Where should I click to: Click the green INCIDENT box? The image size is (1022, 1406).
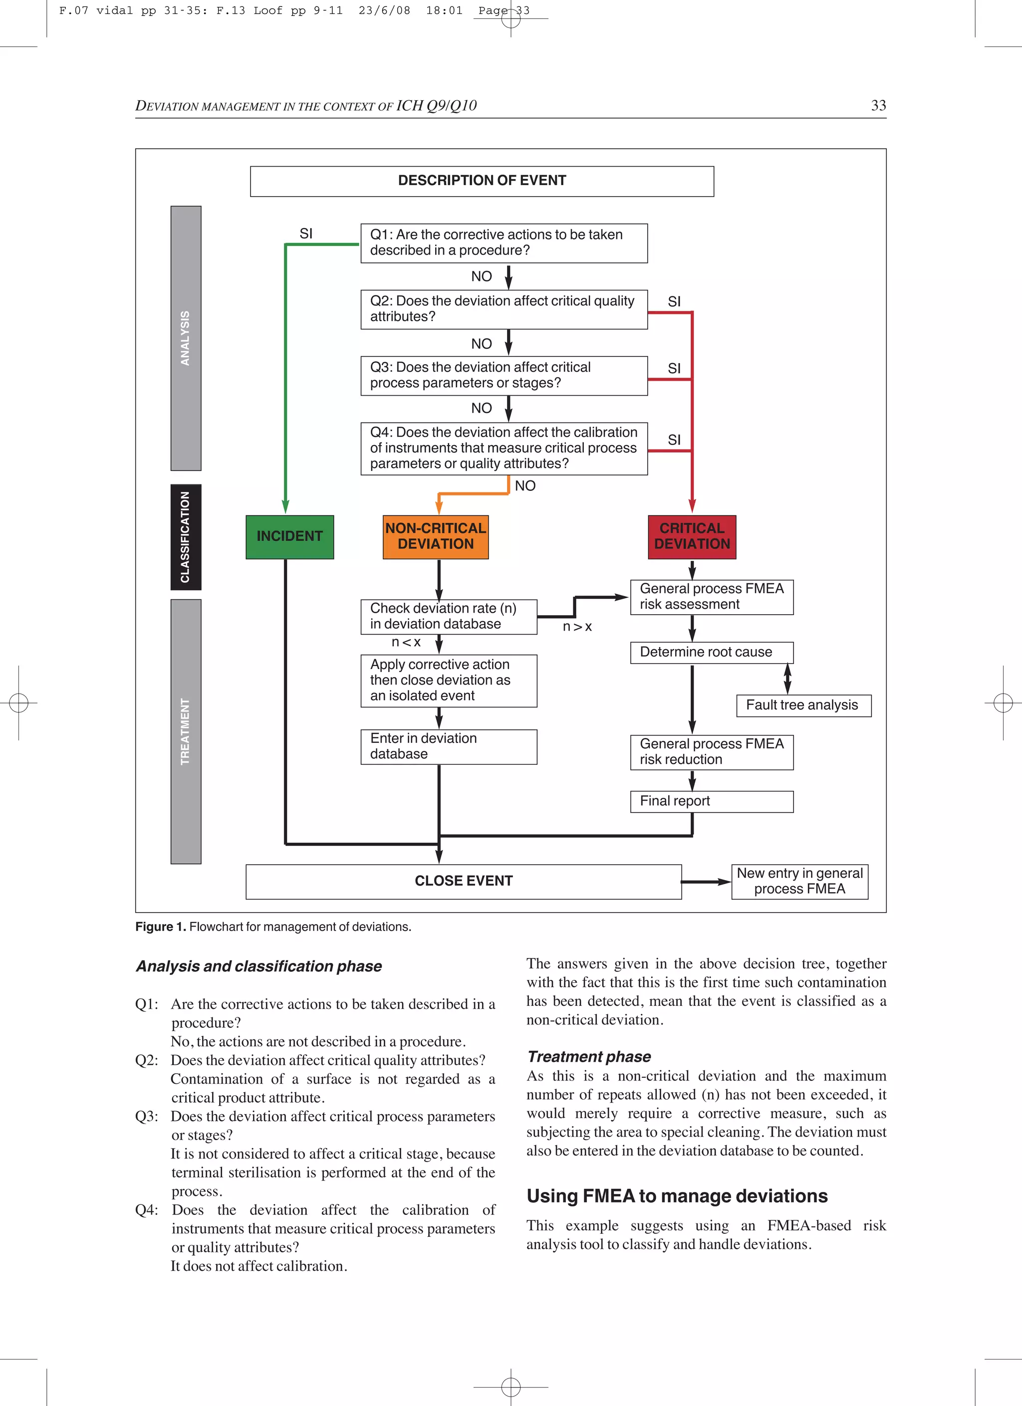point(289,537)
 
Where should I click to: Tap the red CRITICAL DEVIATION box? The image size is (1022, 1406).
point(692,537)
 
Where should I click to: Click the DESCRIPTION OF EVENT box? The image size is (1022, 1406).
point(482,181)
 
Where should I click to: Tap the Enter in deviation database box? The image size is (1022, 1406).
point(448,746)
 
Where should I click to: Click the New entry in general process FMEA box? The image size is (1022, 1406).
point(799,881)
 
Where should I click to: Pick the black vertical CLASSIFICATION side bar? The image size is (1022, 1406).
point(186,537)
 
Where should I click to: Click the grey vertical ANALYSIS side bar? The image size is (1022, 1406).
point(186,338)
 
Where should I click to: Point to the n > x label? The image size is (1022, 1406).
point(577,627)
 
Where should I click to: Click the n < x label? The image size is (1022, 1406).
point(406,642)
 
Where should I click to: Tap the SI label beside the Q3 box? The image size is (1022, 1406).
point(674,368)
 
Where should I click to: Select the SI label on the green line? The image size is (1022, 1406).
point(306,234)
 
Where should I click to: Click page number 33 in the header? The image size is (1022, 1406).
point(878,105)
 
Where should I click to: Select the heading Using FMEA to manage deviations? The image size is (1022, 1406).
point(677,1196)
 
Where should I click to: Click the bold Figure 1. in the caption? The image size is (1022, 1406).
point(161,927)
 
